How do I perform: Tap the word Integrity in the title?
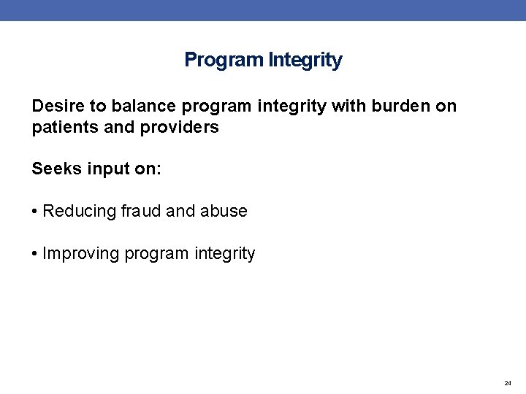pyautogui.click(x=305, y=60)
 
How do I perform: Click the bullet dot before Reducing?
pyautogui.click(x=35, y=212)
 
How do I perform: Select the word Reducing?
pyautogui.click(x=80, y=212)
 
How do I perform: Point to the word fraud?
pyautogui.click(x=142, y=212)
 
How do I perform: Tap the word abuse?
pyautogui.click(x=224, y=212)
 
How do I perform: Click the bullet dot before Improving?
pyautogui.click(x=35, y=254)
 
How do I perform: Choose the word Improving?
pyautogui.click(x=81, y=254)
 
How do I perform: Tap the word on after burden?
pyautogui.click(x=446, y=106)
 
